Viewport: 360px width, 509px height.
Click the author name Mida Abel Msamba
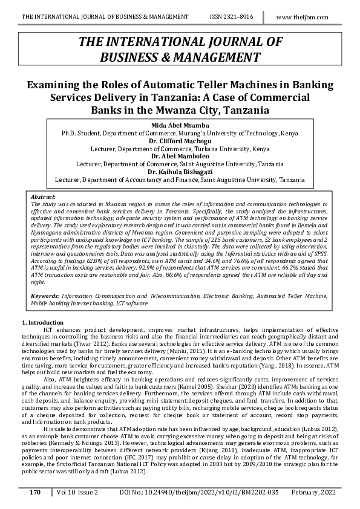pos(179,125)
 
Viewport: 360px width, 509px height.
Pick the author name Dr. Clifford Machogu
pos(179,140)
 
